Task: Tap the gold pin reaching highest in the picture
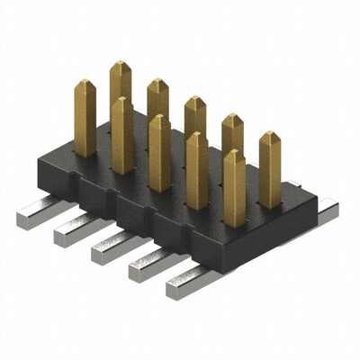121,81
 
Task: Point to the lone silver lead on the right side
328,211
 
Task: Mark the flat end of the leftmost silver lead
27,218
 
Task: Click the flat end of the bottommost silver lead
175,289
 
